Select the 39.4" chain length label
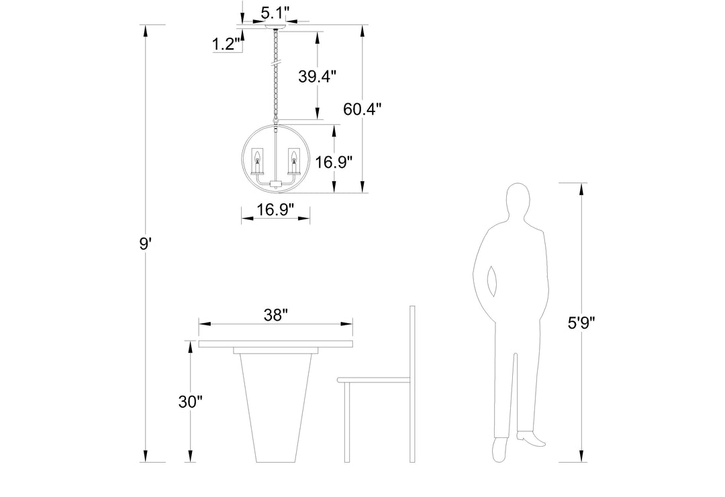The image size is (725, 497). [x=317, y=76]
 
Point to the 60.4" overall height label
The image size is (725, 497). [x=362, y=109]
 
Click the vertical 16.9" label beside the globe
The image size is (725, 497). [x=334, y=162]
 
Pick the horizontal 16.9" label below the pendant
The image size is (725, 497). [x=276, y=210]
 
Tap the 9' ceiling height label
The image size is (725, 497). [x=146, y=243]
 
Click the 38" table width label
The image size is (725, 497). [x=276, y=315]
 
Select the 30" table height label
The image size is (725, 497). [x=191, y=402]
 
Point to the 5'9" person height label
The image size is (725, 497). [x=581, y=323]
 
